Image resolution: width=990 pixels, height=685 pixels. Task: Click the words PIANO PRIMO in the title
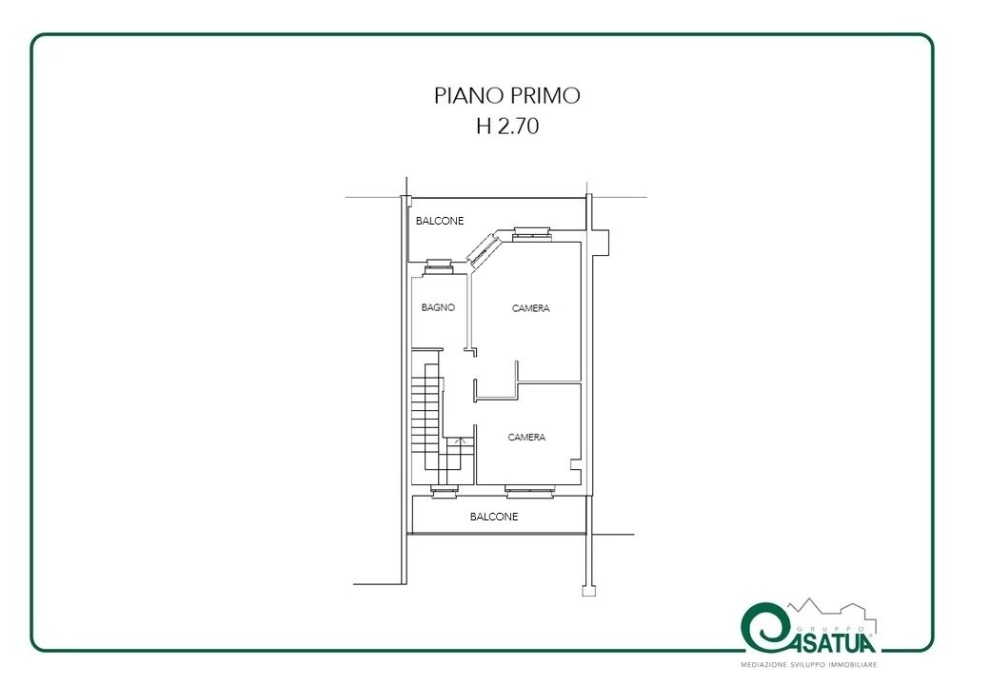507,95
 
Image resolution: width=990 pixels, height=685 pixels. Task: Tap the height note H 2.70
507,127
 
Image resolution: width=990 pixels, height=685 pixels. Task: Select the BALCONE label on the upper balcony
440,221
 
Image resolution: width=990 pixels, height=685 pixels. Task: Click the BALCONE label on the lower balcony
494,517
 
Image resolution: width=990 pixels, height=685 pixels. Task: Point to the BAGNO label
438,307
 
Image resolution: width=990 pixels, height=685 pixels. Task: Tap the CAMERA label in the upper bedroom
530,308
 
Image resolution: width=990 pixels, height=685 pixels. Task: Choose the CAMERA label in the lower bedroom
526,437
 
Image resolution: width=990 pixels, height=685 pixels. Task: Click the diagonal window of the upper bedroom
484,248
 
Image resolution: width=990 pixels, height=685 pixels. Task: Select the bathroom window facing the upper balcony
438,266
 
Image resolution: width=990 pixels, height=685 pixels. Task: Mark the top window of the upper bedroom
531,234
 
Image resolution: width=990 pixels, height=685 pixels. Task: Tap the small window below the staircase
445,491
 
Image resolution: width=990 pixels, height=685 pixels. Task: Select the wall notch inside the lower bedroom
575,464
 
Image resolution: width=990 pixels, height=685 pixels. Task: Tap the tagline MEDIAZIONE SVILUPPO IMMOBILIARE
809,665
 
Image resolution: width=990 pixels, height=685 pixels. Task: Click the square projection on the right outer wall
601,243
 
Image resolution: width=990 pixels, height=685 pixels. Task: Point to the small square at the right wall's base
588,592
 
